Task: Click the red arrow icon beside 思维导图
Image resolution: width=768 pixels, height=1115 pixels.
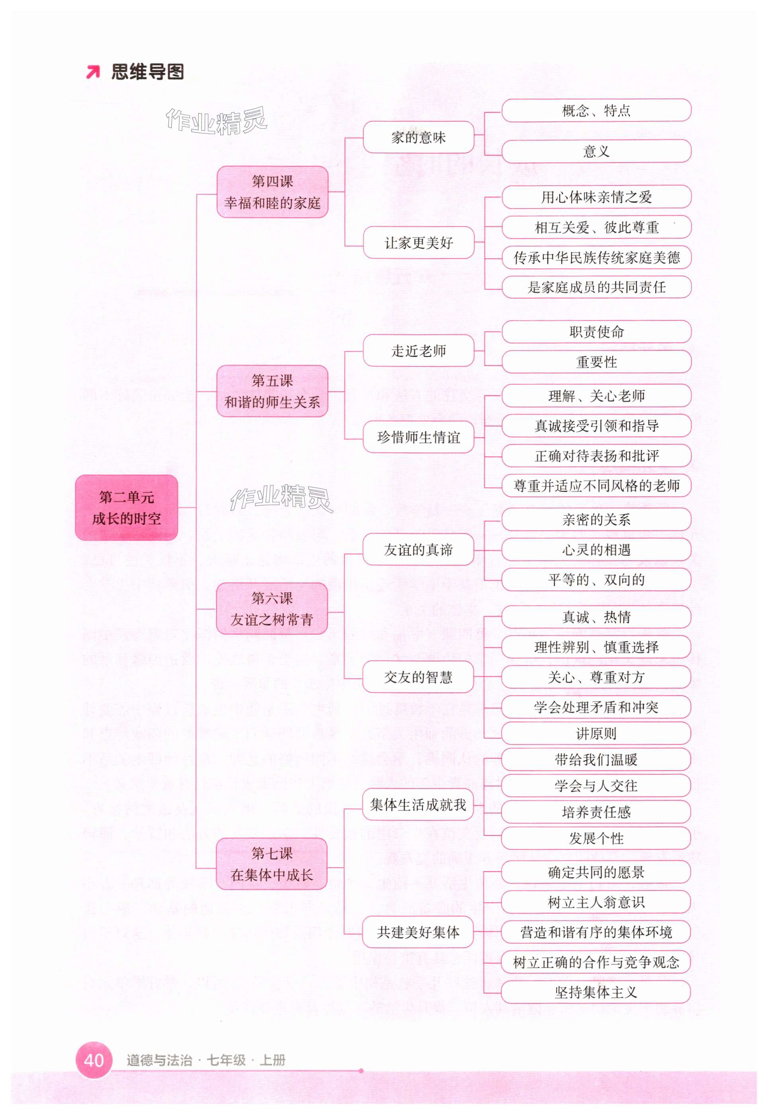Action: (93, 72)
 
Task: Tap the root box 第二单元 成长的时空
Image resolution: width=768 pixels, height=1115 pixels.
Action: (127, 507)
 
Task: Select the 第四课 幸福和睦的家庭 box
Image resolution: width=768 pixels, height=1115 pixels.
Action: (272, 192)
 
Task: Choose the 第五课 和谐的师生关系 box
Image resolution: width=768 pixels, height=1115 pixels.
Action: (272, 391)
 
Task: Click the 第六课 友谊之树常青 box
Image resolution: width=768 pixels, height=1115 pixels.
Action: (272, 608)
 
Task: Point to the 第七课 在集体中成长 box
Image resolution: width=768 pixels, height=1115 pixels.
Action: (272, 864)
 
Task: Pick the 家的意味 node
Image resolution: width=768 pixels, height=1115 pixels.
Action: (418, 137)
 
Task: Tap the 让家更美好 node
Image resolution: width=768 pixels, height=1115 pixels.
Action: (418, 243)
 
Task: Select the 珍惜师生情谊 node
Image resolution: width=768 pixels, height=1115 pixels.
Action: (418, 437)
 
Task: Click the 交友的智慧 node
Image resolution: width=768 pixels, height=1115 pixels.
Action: (418, 677)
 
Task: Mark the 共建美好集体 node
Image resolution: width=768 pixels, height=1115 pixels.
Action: (418, 932)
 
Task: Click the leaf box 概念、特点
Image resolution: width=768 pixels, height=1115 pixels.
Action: (596, 111)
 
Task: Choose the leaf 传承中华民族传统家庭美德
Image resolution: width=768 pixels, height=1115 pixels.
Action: (596, 258)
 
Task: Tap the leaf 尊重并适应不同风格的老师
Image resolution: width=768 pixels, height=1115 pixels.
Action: (596, 486)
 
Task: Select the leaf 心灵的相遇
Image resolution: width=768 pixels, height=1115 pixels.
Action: (596, 550)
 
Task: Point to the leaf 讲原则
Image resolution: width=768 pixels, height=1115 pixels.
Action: (596, 734)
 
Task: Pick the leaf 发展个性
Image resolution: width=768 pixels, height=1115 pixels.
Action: (596, 838)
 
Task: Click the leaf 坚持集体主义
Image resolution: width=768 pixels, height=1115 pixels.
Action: (596, 992)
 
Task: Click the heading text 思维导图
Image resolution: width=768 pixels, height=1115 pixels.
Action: (148, 72)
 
